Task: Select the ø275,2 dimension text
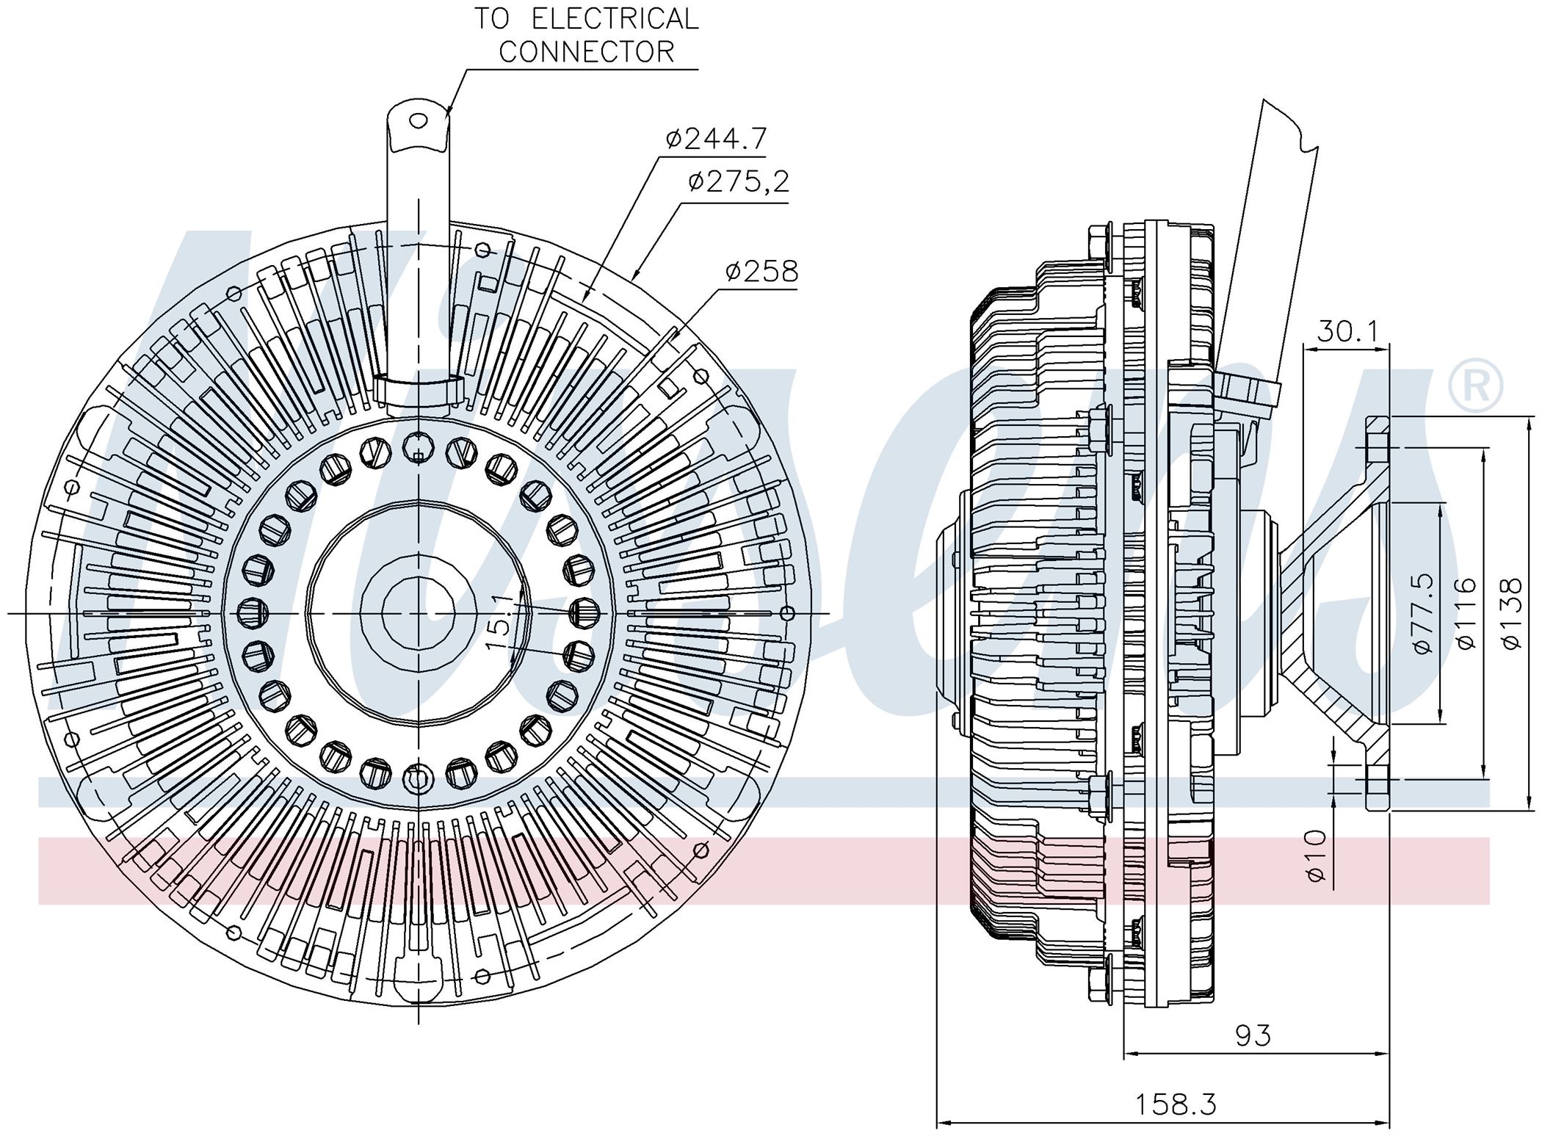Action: tap(739, 182)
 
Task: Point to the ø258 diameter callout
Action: tap(761, 272)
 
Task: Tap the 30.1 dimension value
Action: tap(1348, 332)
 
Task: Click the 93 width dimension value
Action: tap(1253, 1035)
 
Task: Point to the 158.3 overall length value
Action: tap(1176, 1104)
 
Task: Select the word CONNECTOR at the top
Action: tap(586, 51)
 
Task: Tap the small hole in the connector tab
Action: tap(418, 120)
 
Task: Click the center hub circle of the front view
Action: tap(418, 612)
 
